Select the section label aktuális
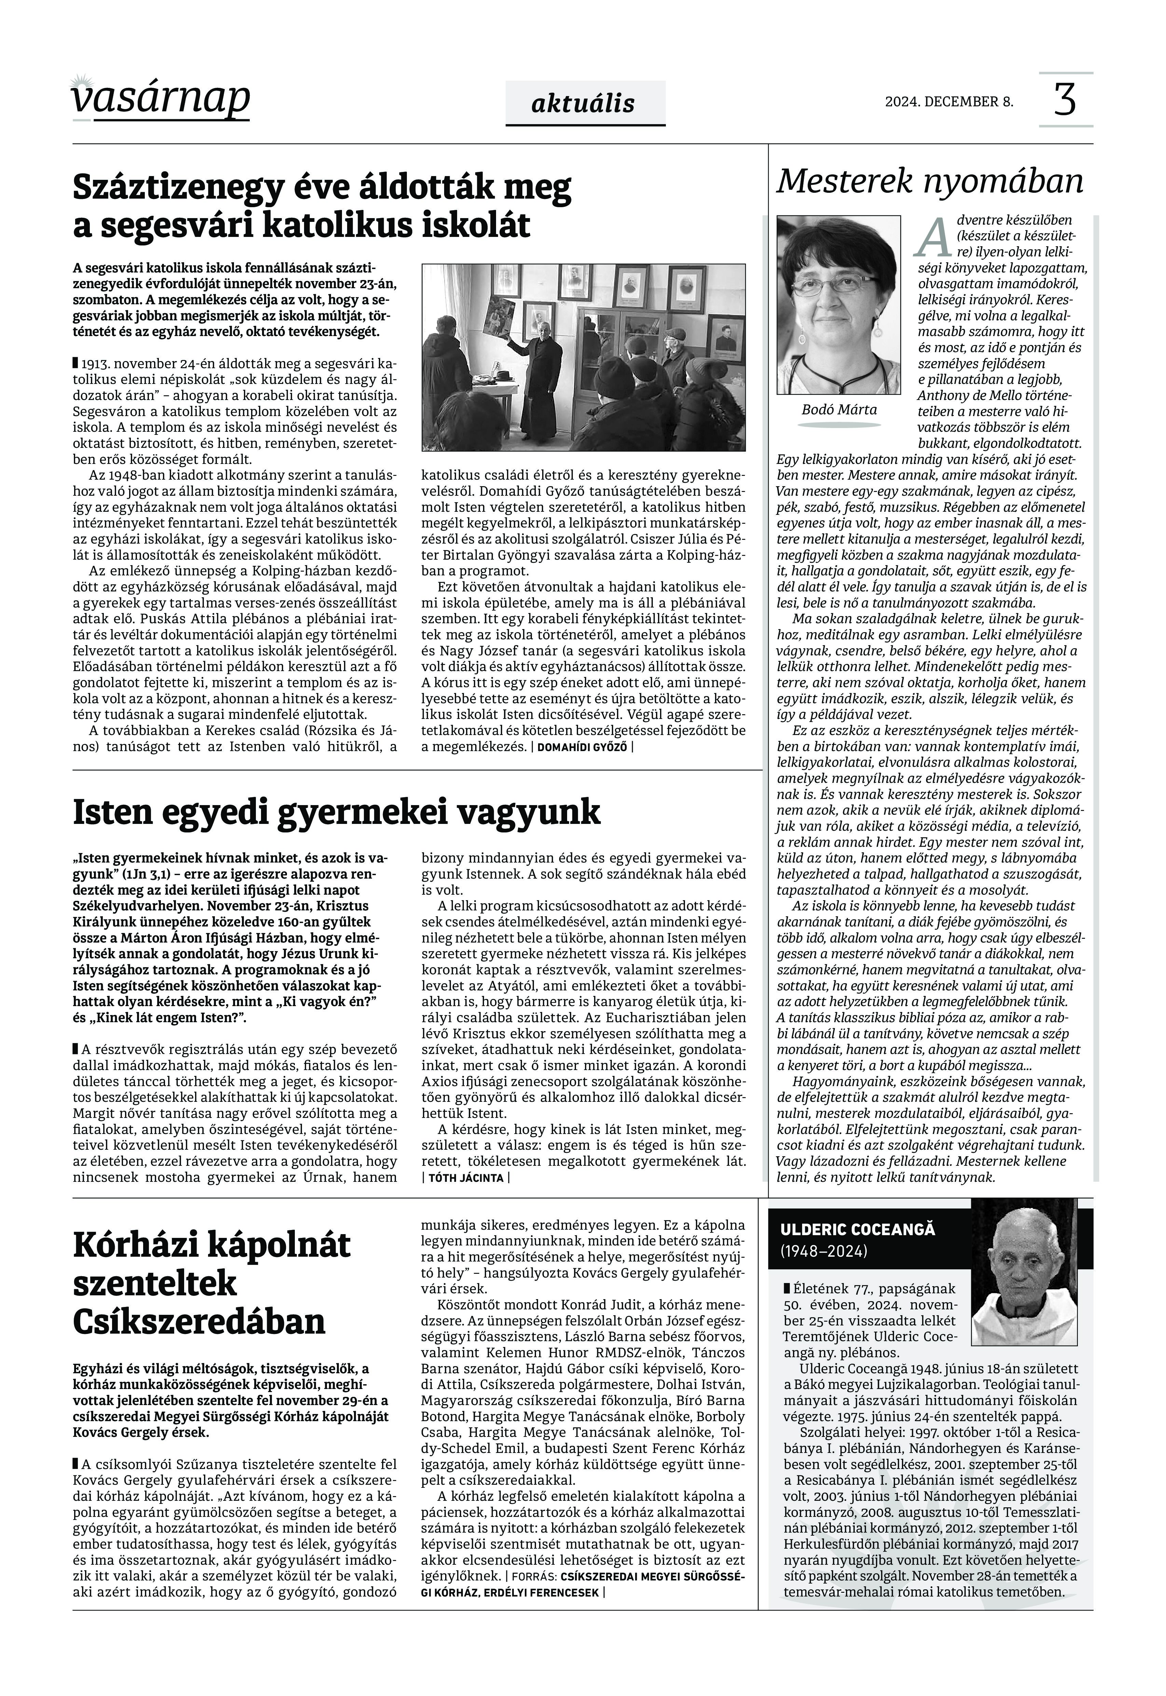(584, 103)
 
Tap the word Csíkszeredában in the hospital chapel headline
(199, 1322)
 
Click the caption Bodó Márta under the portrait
(839, 409)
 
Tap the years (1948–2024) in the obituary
(824, 1252)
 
